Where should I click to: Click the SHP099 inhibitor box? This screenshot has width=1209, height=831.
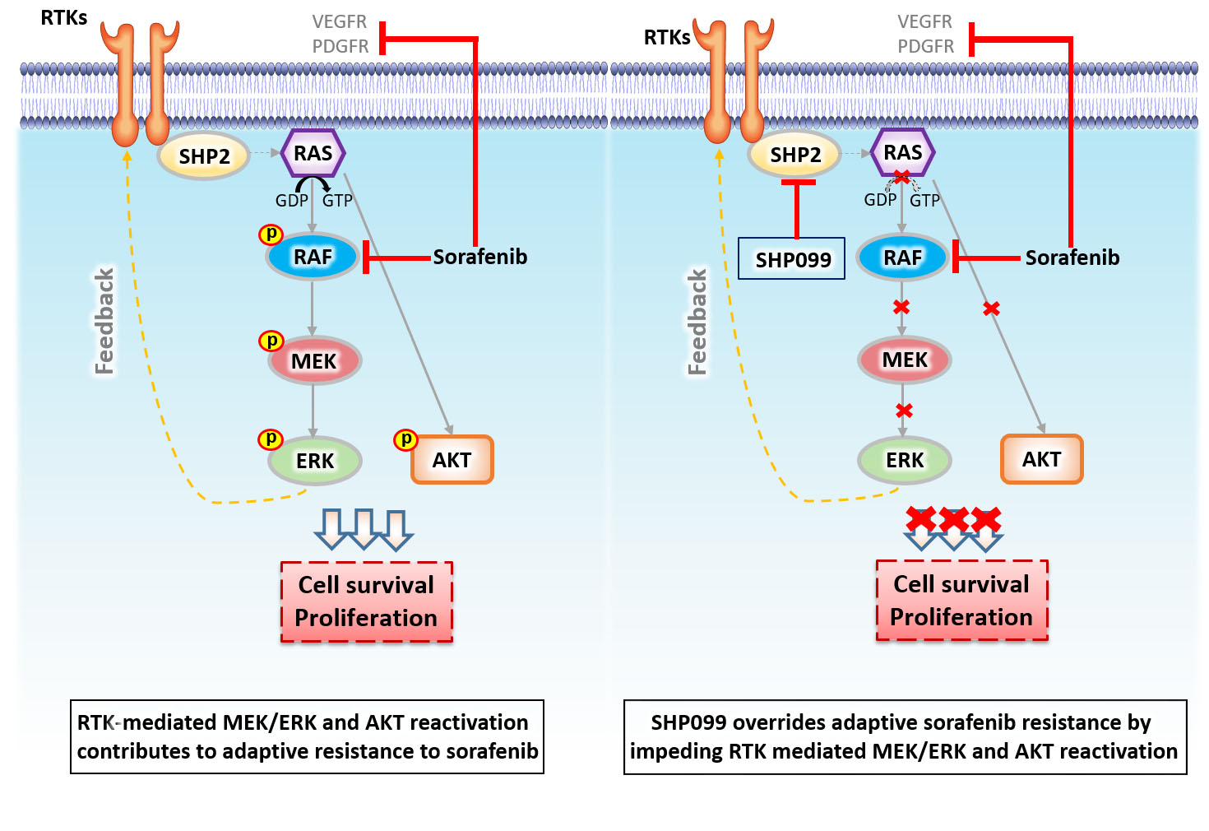791,258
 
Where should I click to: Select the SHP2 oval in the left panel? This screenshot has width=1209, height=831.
204,156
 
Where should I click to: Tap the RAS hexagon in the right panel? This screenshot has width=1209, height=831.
902,152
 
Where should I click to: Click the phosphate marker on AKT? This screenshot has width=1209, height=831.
405,439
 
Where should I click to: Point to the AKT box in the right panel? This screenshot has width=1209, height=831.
1041,459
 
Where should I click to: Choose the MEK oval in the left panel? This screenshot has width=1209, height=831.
313,361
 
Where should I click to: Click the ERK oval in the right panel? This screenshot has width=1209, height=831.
904,460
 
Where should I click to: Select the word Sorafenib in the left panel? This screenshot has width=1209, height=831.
479,257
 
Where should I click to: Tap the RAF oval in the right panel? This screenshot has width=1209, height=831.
902,258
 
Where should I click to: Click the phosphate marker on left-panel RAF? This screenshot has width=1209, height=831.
271,234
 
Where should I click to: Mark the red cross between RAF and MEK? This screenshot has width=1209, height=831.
901,307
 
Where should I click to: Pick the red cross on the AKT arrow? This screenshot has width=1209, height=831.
991,309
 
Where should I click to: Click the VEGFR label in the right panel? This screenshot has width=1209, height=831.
924,21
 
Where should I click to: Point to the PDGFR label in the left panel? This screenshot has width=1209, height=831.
340,47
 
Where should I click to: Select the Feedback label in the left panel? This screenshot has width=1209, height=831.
104,321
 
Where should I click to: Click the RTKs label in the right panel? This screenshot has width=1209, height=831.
666,38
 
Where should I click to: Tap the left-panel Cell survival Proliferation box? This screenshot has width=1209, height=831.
366,601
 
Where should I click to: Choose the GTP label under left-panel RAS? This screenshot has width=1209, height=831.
337,201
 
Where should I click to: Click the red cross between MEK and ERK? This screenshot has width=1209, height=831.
904,411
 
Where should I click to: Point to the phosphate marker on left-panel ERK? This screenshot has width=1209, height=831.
271,439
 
